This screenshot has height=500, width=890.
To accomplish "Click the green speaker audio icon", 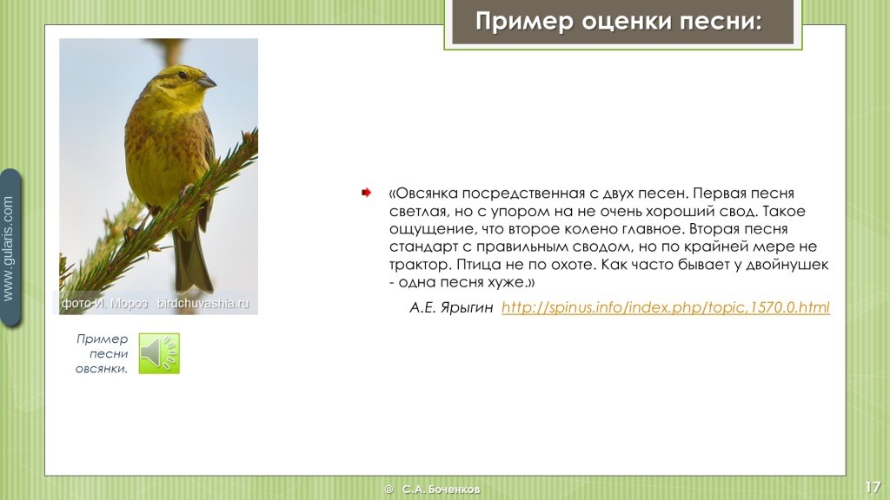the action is [x=159, y=353].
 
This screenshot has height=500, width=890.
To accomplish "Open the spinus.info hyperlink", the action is [x=665, y=307].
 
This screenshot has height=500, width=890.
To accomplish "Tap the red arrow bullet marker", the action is [x=366, y=193].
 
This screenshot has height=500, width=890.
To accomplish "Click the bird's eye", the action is [x=182, y=75].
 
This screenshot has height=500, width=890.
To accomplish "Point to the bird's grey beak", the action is [x=207, y=82].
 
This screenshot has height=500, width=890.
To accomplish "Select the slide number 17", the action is [x=873, y=487].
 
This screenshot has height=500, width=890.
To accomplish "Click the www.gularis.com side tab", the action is [x=10, y=247].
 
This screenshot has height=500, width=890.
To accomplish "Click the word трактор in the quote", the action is [x=418, y=265].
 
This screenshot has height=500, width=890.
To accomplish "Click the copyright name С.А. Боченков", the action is [x=441, y=490].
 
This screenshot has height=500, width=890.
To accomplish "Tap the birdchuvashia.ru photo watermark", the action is [x=203, y=303].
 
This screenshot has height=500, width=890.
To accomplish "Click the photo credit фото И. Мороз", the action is [x=104, y=303].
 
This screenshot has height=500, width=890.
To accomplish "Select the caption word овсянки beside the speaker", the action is [x=101, y=368].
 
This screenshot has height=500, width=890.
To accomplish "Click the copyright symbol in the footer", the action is [x=389, y=490].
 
